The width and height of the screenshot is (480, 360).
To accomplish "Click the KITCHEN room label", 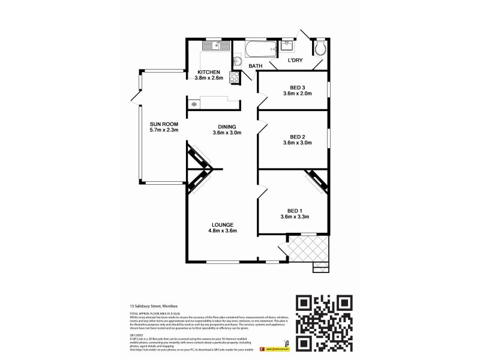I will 208,72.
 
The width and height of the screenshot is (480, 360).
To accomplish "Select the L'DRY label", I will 295,61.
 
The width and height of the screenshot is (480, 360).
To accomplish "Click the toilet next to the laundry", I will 320,49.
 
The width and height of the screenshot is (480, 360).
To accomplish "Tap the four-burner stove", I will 235,77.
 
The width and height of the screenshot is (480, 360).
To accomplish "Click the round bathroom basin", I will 236,61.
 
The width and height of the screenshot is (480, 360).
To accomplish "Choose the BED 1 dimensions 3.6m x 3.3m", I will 293,217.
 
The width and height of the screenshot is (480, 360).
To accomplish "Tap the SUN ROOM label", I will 164,124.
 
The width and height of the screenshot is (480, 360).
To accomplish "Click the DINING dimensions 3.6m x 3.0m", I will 226,133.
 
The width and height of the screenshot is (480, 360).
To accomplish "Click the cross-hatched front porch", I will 308,248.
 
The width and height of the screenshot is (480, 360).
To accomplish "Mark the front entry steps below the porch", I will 321,267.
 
